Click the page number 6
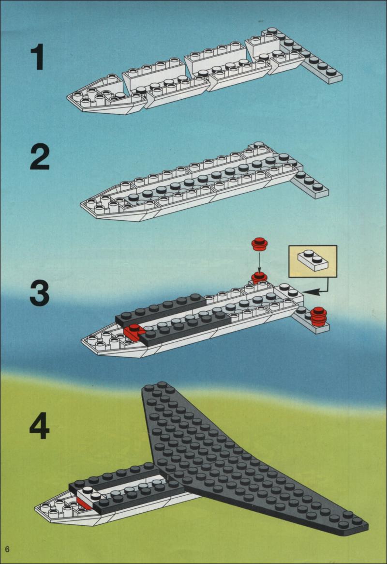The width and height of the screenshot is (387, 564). coord(7,549)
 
